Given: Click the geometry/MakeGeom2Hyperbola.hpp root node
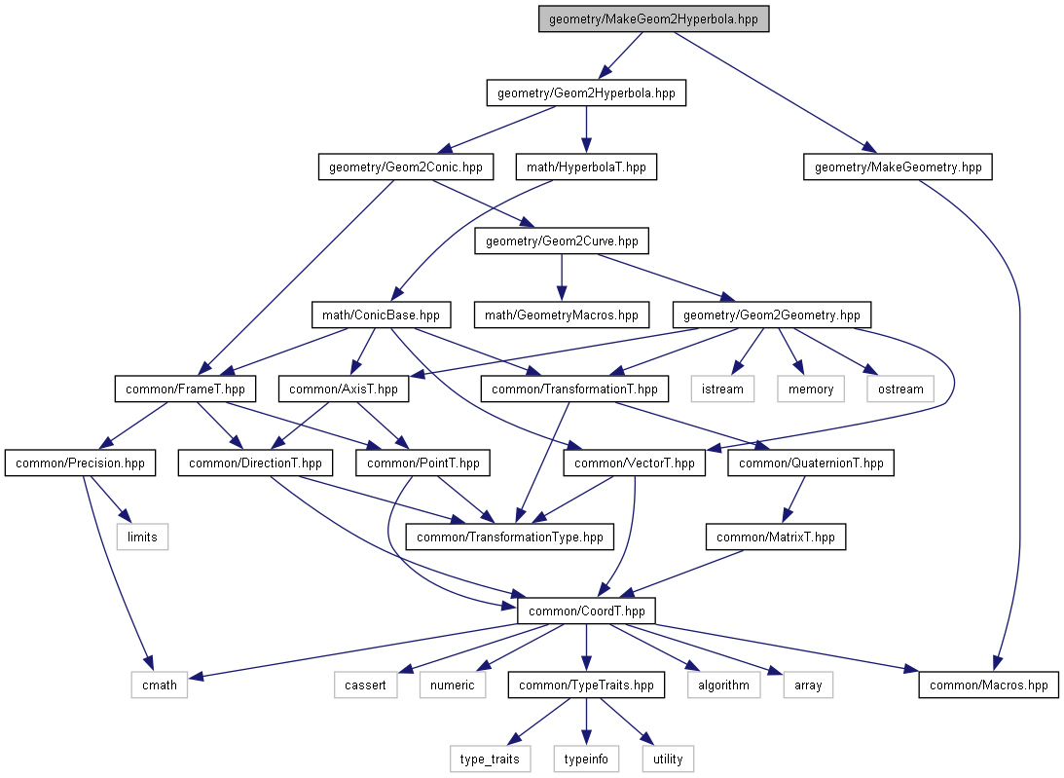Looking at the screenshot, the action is [x=653, y=19].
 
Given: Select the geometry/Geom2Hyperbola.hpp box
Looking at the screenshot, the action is [x=586, y=93].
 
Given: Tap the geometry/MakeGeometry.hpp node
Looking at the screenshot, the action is [x=898, y=167].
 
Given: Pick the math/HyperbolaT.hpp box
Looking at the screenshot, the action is [x=586, y=167].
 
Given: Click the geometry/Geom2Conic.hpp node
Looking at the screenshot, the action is [x=406, y=167].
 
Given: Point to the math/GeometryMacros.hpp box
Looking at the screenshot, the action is [x=561, y=315].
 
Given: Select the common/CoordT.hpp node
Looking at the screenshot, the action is [x=586, y=611].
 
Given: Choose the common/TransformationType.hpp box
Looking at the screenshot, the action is [x=509, y=537].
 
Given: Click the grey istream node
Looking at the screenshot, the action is [x=722, y=389].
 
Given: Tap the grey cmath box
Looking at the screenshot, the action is [x=160, y=685].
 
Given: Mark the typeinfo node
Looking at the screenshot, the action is [x=586, y=759].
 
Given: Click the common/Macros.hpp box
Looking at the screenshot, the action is [x=989, y=685].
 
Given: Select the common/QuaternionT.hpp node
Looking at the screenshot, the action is [x=811, y=463].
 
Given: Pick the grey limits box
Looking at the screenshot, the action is [x=142, y=537].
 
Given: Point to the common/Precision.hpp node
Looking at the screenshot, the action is [x=80, y=463].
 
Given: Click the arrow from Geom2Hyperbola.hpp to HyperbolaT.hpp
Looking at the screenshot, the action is [x=586, y=130].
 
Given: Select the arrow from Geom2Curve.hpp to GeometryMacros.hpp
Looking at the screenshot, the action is [x=561, y=278].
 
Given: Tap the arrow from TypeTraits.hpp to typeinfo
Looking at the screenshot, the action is [x=586, y=722].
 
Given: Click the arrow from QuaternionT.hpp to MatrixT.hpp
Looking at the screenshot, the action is [x=794, y=500].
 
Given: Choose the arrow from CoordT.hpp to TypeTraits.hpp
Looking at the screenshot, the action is [x=586, y=648].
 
